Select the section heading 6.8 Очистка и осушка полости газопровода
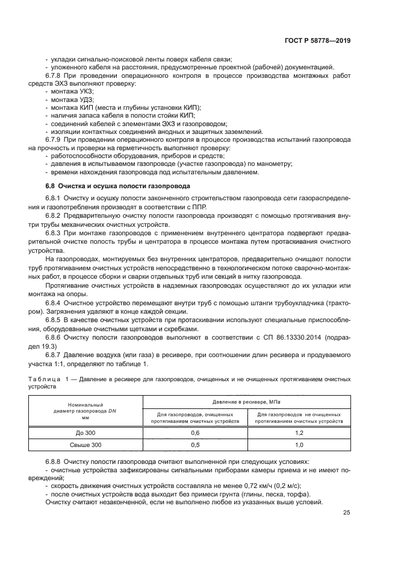pos(118,186)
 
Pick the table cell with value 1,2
pos(299,433)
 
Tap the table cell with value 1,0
pos(299,445)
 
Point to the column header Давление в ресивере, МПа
pos(247,402)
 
